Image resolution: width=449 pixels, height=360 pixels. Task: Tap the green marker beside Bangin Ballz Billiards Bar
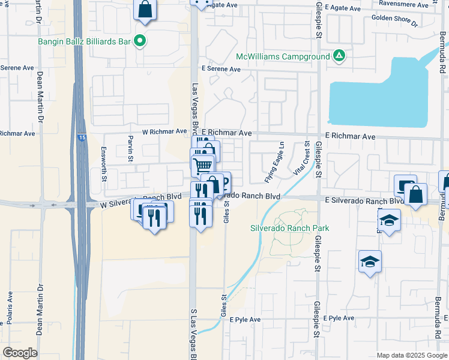(140, 41)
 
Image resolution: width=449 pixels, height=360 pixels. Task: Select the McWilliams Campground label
(283, 56)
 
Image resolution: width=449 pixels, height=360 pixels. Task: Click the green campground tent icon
(339, 56)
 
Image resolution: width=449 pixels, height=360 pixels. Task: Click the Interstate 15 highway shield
(81, 138)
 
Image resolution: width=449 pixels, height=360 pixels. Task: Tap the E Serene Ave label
(221, 70)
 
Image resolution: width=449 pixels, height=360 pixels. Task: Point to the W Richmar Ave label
(164, 131)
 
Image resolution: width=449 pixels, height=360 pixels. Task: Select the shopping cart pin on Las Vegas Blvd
(203, 165)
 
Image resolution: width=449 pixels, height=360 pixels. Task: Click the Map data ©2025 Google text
(412, 355)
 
